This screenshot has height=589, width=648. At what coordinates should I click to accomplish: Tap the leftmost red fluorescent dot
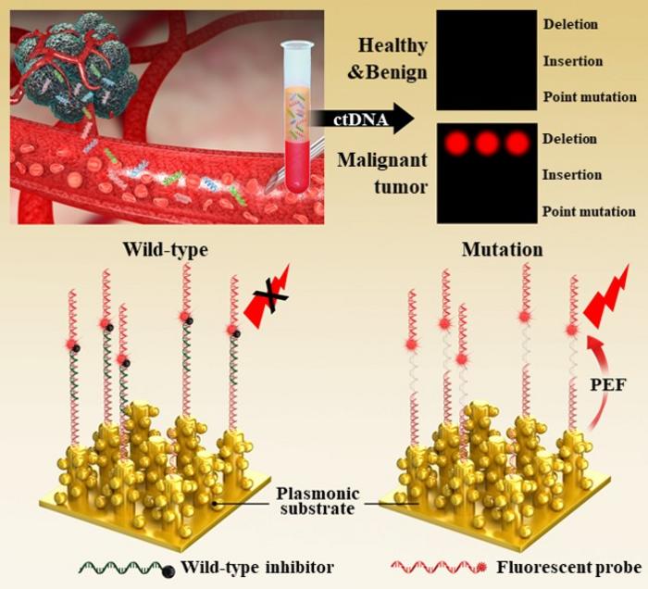click(x=455, y=143)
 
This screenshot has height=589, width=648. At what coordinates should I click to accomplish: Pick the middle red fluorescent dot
click(x=486, y=143)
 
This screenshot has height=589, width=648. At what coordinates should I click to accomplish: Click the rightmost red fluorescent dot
click(x=517, y=143)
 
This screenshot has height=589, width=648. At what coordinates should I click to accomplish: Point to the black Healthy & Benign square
click(x=486, y=61)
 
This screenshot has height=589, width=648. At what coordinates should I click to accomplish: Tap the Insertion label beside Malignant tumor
click(x=570, y=175)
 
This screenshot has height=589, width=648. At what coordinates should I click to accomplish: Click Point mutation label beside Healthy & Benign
click(x=589, y=97)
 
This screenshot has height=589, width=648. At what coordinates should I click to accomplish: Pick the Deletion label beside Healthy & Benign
click(x=571, y=25)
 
